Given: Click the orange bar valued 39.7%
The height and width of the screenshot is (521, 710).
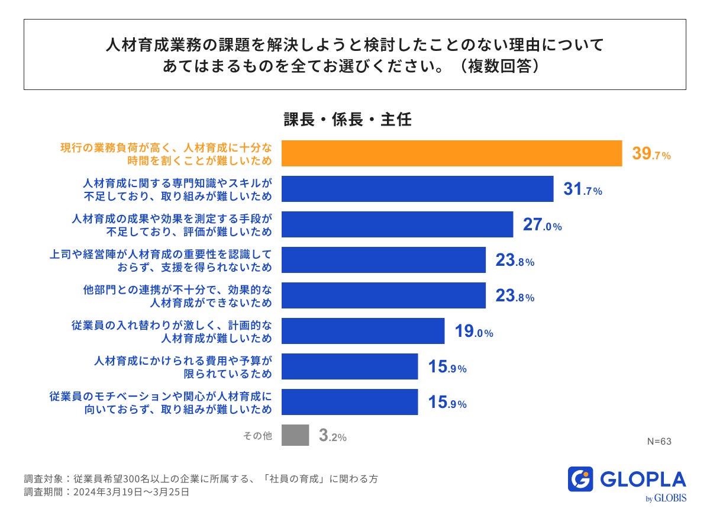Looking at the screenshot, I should tap(451, 153).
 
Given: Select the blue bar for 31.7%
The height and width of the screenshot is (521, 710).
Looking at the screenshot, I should tap(417, 189).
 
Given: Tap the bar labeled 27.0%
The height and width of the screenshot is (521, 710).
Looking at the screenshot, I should tap(397, 224).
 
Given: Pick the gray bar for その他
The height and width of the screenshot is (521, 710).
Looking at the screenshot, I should tap(295, 435).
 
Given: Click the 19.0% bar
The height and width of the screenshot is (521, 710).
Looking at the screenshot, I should tap(363, 331).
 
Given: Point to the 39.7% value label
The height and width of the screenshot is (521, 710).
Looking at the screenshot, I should tap(651, 155).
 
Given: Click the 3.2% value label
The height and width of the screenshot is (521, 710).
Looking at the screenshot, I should tap(333, 436).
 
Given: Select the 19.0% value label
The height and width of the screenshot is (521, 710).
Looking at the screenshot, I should tap(474, 332).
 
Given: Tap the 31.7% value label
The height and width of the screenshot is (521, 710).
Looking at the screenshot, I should tap(582, 190).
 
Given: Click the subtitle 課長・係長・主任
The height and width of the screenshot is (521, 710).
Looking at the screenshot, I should tap(347, 120).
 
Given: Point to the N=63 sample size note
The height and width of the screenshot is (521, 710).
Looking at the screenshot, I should tap(659, 441).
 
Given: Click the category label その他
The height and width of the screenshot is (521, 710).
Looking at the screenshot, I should tap(257, 436).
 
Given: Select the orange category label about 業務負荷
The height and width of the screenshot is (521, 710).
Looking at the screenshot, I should tap(166, 154).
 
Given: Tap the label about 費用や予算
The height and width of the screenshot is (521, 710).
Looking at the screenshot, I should tap(183, 366).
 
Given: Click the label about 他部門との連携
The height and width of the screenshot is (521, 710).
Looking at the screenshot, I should tap(177, 296).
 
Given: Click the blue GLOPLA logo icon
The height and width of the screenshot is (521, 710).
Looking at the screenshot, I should tap(580, 479).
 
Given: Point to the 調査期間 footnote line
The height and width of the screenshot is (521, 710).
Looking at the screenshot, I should tap(106, 492).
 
